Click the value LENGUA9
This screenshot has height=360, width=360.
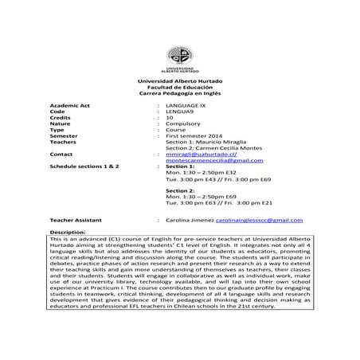[x=179, y=112]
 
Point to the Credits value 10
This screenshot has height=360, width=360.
[x=170, y=119]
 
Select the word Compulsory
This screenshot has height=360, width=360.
[x=183, y=126]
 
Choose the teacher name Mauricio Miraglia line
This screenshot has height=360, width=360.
[x=209, y=145]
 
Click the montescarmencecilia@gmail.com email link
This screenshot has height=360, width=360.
[x=214, y=165]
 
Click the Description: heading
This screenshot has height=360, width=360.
[x=68, y=232]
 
